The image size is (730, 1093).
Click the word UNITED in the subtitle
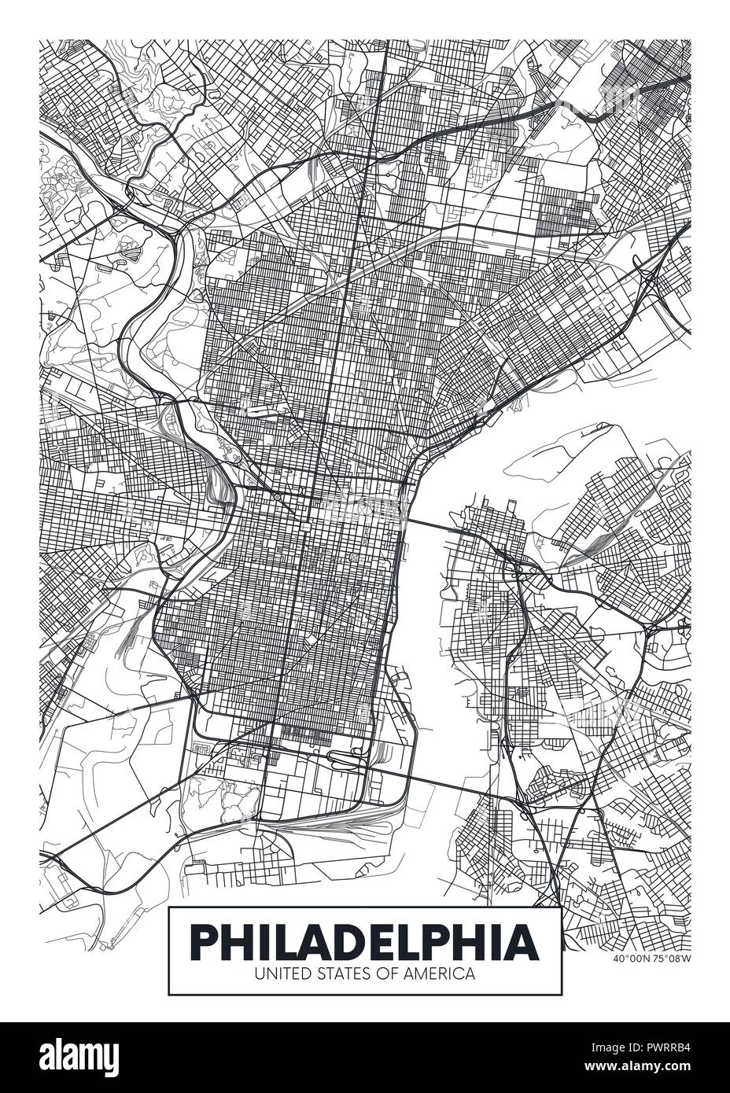click(276, 973)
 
